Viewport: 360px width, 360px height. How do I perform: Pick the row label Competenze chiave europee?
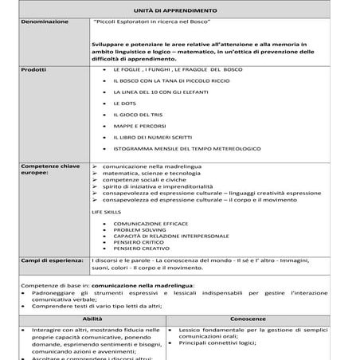coord(48,169)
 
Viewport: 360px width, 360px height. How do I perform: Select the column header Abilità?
coord(90,319)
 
